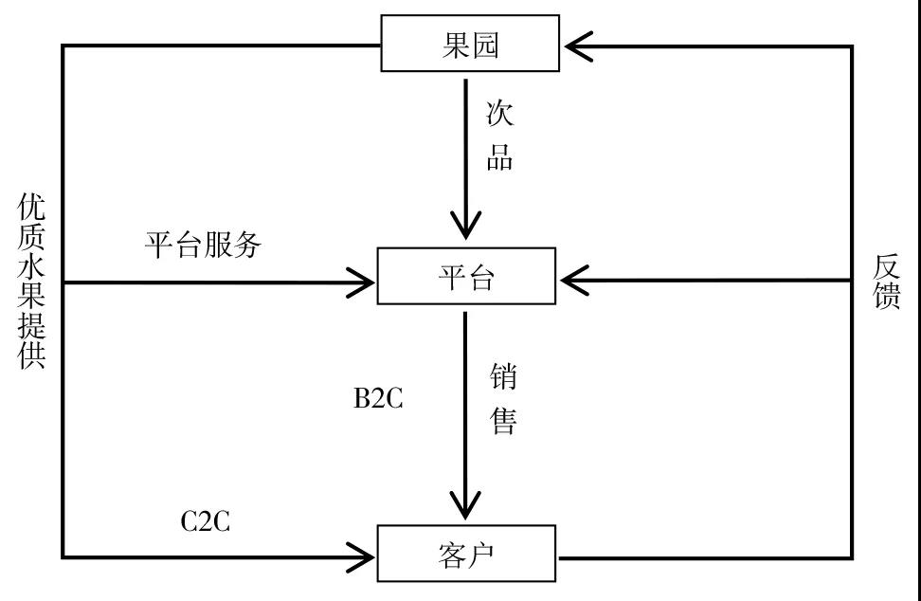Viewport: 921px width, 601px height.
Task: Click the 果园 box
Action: click(x=470, y=44)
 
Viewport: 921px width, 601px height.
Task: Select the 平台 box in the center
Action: click(x=466, y=277)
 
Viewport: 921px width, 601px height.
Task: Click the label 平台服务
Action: click(x=203, y=245)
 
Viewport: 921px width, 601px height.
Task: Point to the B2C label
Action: click(x=378, y=399)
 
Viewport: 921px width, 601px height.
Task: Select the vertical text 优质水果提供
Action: click(x=31, y=282)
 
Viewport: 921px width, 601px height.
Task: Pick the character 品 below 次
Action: click(x=499, y=157)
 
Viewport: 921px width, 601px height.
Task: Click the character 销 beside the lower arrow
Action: click(x=502, y=376)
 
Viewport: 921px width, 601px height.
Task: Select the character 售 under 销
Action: click(x=502, y=420)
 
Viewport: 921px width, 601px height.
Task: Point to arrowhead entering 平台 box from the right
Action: click(x=576, y=281)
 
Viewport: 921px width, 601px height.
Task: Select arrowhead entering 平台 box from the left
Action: click(x=360, y=281)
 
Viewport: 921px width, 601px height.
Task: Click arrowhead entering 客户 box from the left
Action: click(x=360, y=555)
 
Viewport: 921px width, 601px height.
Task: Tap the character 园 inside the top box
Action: click(x=484, y=44)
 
